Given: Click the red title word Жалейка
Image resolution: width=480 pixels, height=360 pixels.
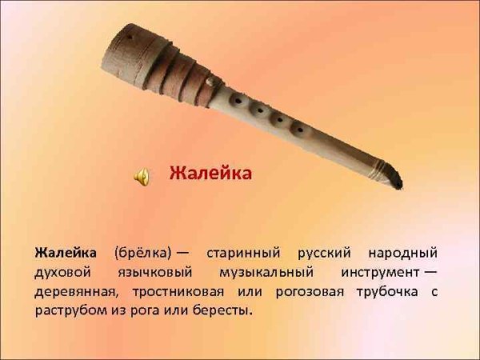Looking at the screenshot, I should (x=210, y=174).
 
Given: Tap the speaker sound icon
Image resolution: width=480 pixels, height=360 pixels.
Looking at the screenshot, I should (x=142, y=176).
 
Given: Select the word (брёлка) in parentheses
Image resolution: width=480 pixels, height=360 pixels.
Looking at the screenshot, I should (x=142, y=253).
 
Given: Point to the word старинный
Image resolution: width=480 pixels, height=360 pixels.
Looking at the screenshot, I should (x=241, y=253).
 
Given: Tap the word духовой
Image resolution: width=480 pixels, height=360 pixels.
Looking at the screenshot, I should (x=62, y=272).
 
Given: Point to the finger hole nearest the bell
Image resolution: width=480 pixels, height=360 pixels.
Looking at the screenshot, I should (x=237, y=99).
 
